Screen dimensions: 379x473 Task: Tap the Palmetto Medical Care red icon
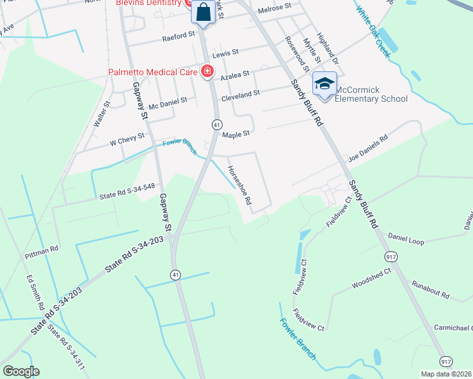pos(207,71)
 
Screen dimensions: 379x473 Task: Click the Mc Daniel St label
pos(164,101)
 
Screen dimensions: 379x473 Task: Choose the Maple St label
pos(236,134)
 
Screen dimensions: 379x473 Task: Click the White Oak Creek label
pos(374,30)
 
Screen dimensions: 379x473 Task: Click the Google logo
pos(21,371)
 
